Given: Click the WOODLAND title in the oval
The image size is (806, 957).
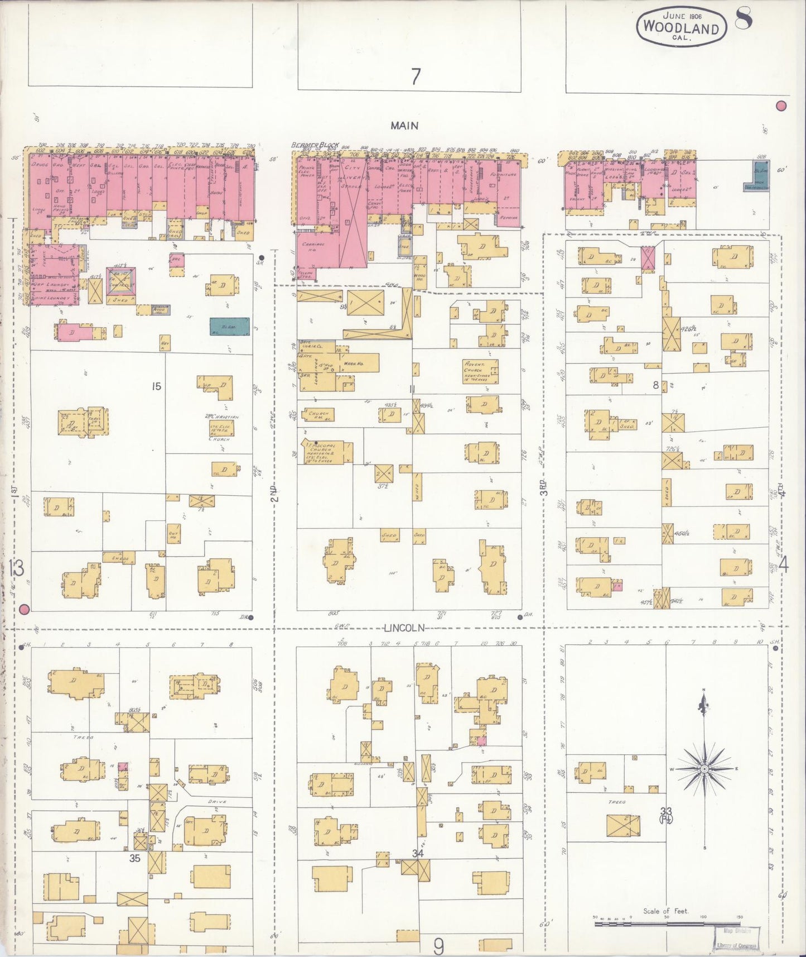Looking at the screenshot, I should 681,26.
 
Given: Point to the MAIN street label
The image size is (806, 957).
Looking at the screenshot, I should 404,126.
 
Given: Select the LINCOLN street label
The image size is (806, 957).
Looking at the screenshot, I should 404,628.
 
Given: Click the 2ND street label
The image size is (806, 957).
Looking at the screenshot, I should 274,494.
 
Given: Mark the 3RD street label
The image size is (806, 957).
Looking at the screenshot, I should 543,487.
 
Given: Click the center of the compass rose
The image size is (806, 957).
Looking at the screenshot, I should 704,769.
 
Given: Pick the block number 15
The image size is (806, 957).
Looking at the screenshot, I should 156,386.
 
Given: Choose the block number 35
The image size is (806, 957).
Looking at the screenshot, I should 134,858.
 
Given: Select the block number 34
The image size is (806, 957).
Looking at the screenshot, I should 418,853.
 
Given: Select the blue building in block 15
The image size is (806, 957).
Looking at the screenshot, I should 222,327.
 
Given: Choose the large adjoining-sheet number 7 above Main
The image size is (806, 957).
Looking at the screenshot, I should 416,76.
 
